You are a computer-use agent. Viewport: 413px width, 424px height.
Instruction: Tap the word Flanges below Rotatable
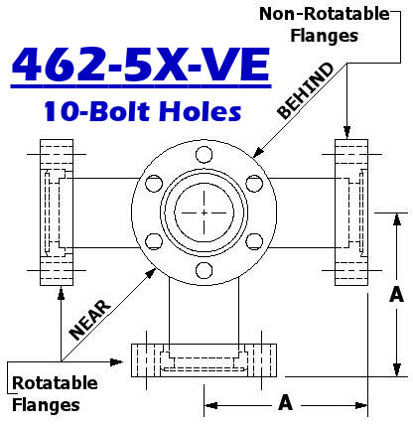(45, 404)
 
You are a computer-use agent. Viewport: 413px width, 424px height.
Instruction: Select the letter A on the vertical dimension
(396, 295)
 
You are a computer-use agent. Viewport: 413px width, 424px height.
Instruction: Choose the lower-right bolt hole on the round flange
(254, 242)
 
